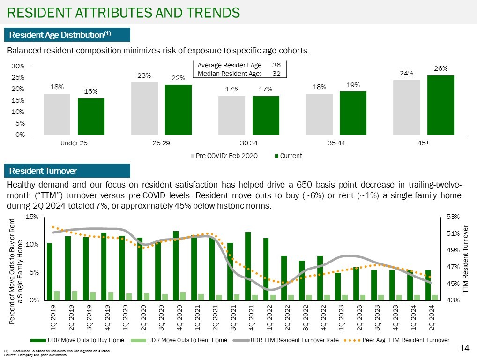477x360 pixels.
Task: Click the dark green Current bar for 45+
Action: tap(440, 105)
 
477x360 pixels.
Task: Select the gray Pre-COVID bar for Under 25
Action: tap(57, 114)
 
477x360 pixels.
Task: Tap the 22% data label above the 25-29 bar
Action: tap(178, 78)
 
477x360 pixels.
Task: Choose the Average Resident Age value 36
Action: tap(276, 66)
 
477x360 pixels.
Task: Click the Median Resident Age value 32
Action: tap(276, 73)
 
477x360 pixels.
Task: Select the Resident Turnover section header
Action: tap(43, 171)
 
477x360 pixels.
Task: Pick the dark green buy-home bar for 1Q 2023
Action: tap(338, 286)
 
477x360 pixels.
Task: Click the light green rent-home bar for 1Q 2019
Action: tap(57, 295)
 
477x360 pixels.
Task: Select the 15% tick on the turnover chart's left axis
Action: tap(32, 217)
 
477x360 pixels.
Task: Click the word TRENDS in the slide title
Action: tap(211, 12)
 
